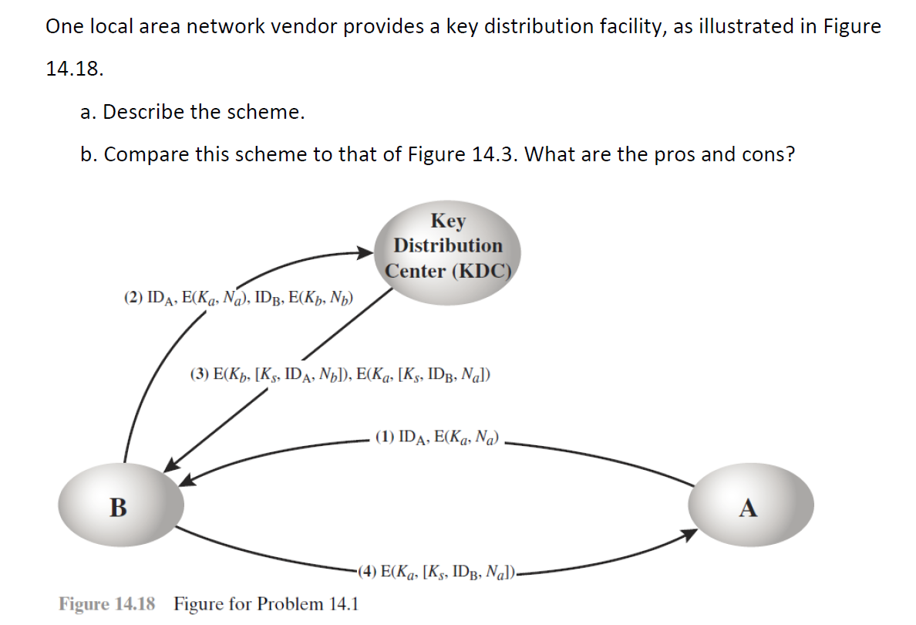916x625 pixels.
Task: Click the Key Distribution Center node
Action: pyautogui.click(x=448, y=245)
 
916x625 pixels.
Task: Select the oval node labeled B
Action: pyautogui.click(x=120, y=507)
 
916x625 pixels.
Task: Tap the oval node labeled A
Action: pyautogui.click(x=749, y=507)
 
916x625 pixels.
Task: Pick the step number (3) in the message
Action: pyautogui.click(x=199, y=376)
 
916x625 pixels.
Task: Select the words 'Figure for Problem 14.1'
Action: pyautogui.click(x=265, y=603)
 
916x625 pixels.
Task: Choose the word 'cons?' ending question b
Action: pyautogui.click(x=768, y=154)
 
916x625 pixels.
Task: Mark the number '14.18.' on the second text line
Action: pyautogui.click(x=74, y=69)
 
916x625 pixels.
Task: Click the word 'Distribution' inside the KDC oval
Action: pyautogui.click(x=448, y=245)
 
